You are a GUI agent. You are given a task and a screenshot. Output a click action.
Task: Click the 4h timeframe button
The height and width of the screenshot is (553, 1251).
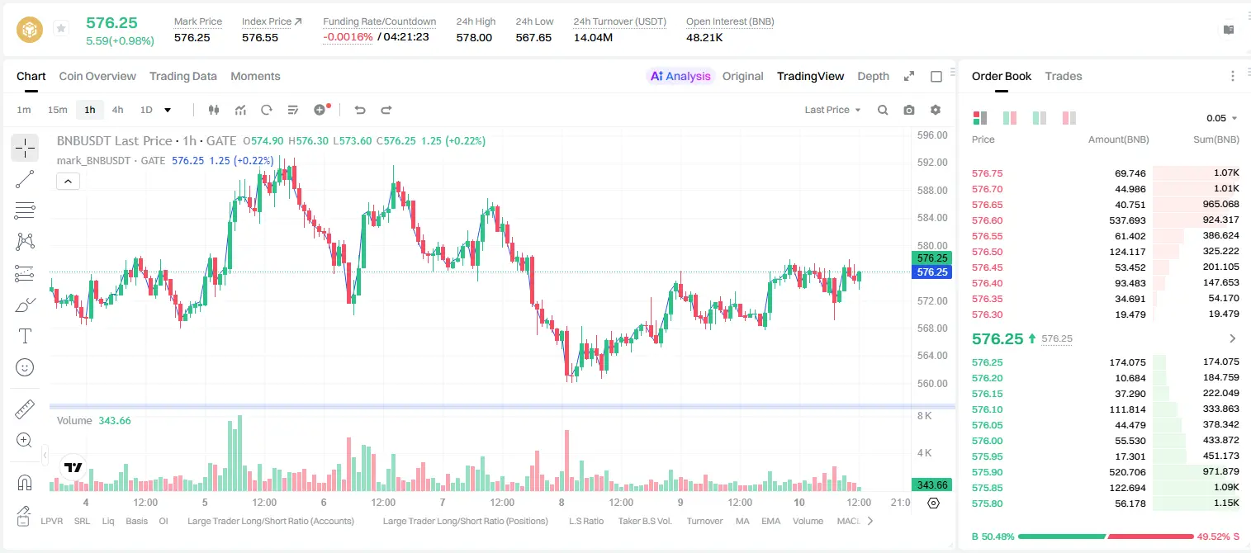click(x=117, y=110)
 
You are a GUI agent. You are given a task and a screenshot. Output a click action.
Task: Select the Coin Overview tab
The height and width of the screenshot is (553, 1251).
click(x=97, y=76)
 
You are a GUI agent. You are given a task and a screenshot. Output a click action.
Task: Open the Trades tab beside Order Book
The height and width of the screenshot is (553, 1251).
click(x=1063, y=76)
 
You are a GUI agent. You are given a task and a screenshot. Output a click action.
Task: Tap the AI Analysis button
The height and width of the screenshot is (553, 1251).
click(x=680, y=76)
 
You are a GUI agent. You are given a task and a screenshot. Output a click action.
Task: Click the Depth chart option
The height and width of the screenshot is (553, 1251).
click(x=873, y=76)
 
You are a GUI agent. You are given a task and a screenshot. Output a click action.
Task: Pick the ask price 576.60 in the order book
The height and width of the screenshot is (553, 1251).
click(x=987, y=220)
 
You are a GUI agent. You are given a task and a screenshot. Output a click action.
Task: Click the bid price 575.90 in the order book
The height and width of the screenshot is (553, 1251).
click(x=987, y=472)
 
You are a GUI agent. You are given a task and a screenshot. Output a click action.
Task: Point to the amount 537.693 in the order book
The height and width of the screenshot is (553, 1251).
click(x=1127, y=220)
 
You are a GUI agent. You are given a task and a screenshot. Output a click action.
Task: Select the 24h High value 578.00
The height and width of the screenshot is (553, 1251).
click(x=474, y=37)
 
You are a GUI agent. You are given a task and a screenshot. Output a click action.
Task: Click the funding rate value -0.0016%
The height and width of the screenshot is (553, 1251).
click(x=348, y=37)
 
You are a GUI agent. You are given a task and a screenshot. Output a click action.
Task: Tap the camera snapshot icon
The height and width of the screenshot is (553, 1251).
click(x=908, y=110)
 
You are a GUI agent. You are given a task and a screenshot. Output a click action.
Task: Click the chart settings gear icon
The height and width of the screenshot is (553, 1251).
click(x=936, y=110)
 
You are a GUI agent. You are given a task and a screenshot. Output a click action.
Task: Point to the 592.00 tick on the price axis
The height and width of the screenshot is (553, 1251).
click(x=932, y=163)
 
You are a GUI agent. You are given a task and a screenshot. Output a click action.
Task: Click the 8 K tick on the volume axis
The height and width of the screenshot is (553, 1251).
click(x=924, y=416)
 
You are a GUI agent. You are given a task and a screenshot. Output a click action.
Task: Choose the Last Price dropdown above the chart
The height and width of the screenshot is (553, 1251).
click(x=832, y=110)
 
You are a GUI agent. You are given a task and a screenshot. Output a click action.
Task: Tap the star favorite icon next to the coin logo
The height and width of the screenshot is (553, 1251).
click(x=61, y=28)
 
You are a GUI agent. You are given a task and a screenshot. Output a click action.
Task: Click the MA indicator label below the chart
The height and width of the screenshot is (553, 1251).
click(x=742, y=521)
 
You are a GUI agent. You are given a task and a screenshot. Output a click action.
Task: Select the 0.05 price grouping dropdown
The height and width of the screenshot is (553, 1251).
click(x=1221, y=118)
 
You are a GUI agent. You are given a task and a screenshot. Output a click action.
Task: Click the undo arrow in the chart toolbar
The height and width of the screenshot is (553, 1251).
click(x=360, y=110)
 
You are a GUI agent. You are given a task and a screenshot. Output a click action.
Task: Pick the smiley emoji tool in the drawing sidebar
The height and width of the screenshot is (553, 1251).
click(x=25, y=367)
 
